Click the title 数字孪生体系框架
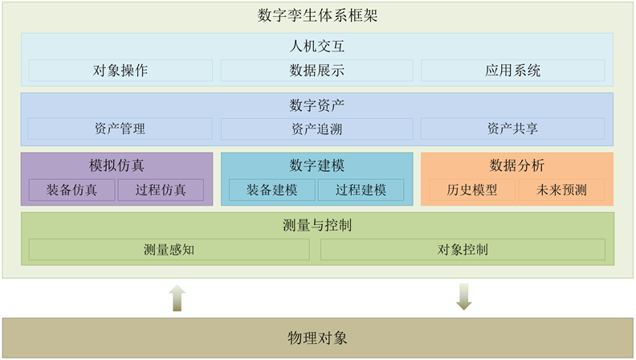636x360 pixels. pos(317,15)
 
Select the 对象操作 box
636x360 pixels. pos(120,70)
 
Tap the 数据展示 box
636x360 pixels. pos(316,70)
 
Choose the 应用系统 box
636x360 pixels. pos(512,70)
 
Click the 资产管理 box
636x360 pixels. pos(120,129)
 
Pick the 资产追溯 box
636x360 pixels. pos(316,129)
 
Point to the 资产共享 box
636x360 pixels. pos(512,129)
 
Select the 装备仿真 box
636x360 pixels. pos(71,190)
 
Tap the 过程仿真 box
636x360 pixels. pos(161,190)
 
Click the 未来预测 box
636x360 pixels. pos(561,190)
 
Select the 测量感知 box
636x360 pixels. pos(169,250)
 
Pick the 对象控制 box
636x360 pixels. pos(463,250)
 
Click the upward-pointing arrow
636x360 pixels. pos(177,297)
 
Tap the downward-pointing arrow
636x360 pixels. pos(463,297)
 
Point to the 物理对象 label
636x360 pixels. pos(317,337)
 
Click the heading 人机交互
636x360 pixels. pos(317,47)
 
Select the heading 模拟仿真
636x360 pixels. pos(117,166)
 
